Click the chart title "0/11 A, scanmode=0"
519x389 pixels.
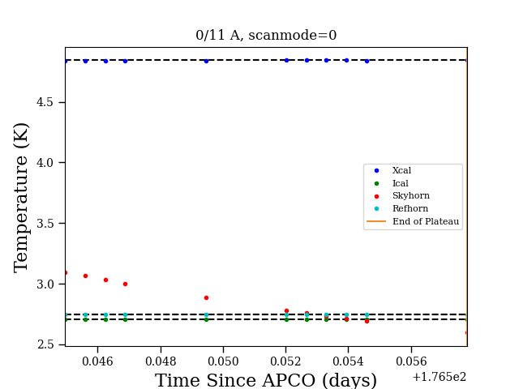(x=266, y=35)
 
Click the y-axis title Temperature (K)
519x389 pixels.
(x=21, y=198)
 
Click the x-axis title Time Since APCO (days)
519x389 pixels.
(x=266, y=380)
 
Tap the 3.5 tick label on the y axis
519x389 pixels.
(x=45, y=224)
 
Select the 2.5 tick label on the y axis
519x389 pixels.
(x=45, y=344)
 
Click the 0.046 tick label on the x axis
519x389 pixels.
(x=97, y=361)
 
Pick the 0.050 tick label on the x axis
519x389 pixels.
(x=223, y=361)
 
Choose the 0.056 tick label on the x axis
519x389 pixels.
(x=411, y=361)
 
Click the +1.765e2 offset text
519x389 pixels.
(x=440, y=377)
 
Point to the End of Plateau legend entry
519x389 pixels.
(x=413, y=221)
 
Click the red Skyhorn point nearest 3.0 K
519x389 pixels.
(x=125, y=284)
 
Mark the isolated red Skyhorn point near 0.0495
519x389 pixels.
(x=206, y=297)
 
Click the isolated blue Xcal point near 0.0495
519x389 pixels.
(x=206, y=62)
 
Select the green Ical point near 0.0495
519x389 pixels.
(x=206, y=319)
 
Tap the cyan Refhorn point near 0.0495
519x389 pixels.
(x=206, y=314)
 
